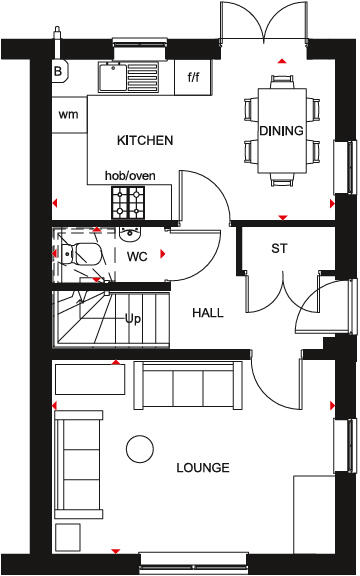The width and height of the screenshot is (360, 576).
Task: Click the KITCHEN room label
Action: pos(145,140)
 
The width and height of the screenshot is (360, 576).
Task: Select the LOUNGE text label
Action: pos(202,467)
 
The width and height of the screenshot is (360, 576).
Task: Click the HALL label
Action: pos(207,313)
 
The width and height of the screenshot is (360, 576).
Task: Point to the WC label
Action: pos(137,256)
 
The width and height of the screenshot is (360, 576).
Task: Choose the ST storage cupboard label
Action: pos(279,248)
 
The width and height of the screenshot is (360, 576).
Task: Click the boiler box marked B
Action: pos(58,72)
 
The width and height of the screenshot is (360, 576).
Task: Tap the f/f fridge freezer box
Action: pos(193,75)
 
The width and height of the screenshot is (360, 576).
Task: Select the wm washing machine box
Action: pos(68,114)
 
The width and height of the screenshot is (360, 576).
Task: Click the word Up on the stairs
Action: pos(132,319)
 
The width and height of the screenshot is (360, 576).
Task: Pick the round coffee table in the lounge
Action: pos(140,448)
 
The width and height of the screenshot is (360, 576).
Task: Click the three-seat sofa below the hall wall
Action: pos(188,382)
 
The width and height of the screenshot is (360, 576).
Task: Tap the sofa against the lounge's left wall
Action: pos(77,451)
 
